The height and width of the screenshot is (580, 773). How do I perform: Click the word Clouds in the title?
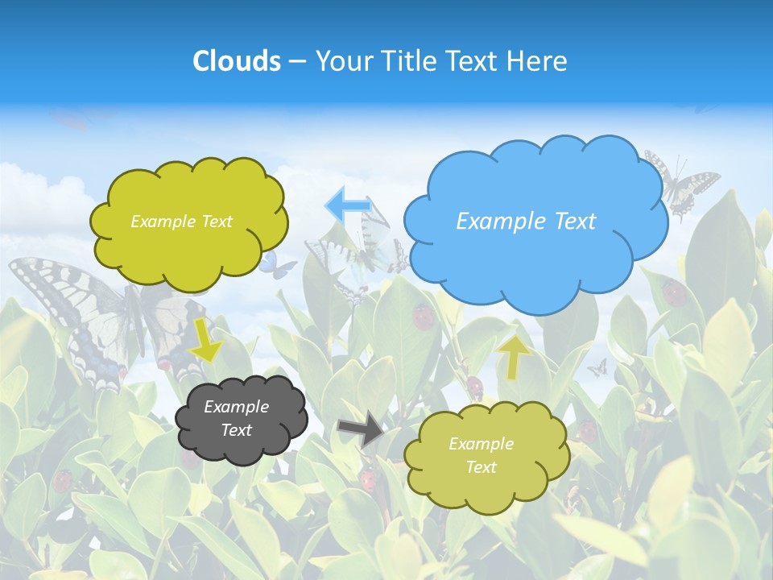[x=237, y=61]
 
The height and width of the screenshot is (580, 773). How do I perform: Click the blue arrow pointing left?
[x=347, y=205]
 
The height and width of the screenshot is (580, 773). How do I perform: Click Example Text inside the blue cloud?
[x=526, y=222]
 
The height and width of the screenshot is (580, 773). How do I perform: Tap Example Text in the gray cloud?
[x=236, y=418]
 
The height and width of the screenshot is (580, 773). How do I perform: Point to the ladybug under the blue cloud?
[x=423, y=315]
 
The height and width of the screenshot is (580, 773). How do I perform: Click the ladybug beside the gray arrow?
[x=368, y=481]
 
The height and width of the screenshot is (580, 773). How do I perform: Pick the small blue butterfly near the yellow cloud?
[x=278, y=265]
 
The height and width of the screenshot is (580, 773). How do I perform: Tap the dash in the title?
[x=297, y=61]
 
